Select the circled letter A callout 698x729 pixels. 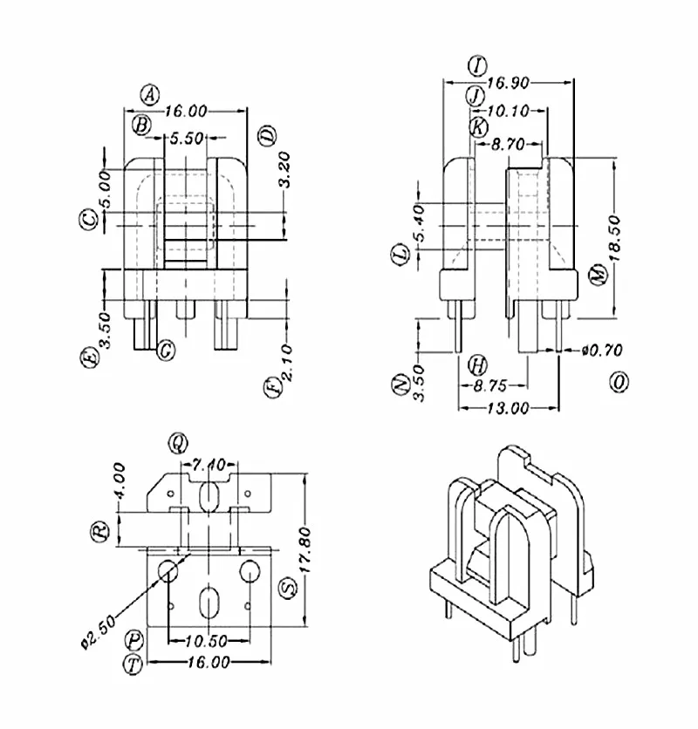point(151,94)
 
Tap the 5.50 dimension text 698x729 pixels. point(187,138)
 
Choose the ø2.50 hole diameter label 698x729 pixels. point(93,630)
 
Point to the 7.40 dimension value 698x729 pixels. point(209,464)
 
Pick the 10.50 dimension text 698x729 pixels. point(206,641)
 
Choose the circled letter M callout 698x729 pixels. point(597,274)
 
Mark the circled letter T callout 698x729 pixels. point(133,664)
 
